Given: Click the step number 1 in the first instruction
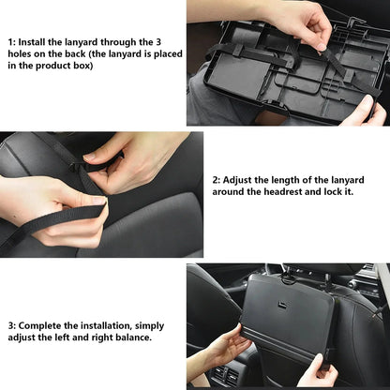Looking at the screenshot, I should [11, 42].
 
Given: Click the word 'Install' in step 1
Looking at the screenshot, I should [37, 42].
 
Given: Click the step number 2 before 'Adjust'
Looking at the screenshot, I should [217, 178].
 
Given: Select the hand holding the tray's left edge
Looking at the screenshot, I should [222, 352].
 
